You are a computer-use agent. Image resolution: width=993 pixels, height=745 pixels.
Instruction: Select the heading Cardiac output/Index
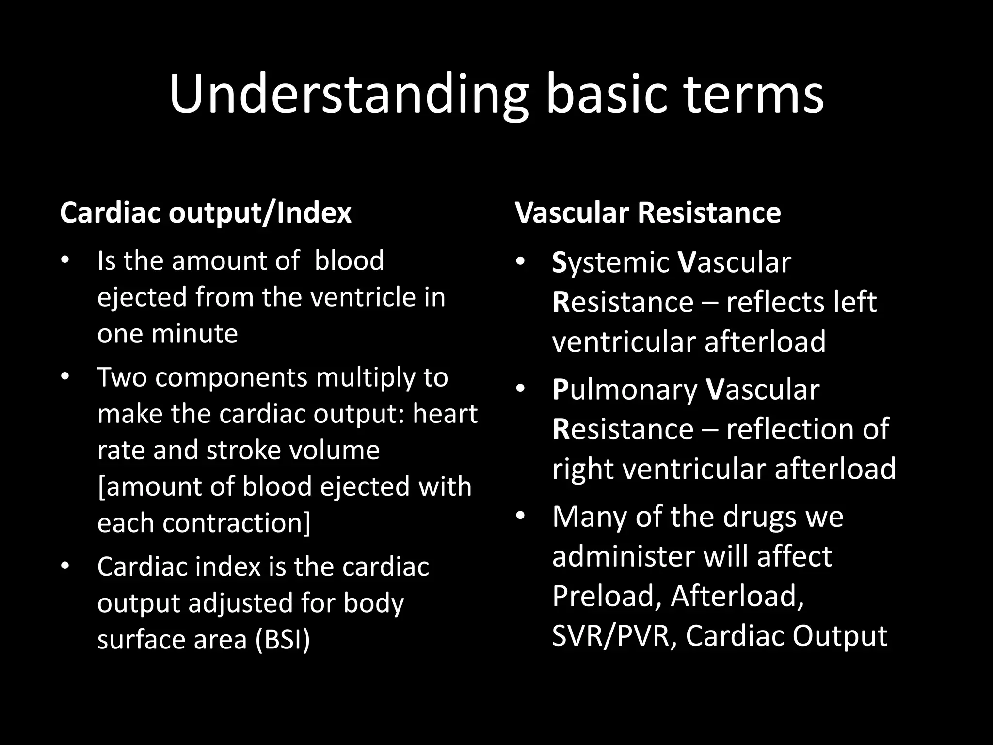206,213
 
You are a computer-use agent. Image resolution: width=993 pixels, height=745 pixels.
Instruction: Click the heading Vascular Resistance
648,213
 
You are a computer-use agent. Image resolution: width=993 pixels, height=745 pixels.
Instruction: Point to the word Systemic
610,262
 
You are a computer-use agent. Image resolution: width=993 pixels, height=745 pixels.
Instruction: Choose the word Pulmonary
625,389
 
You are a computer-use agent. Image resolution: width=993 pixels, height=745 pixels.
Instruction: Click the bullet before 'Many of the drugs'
520,516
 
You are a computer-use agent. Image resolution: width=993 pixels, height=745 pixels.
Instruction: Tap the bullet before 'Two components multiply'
65,377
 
